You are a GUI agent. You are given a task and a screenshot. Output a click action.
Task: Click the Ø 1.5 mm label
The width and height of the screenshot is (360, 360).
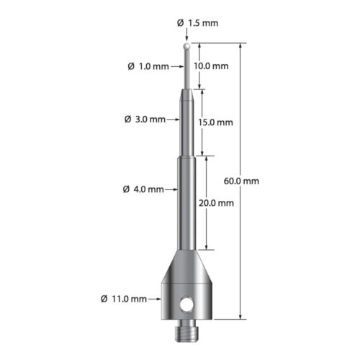coord(197,23)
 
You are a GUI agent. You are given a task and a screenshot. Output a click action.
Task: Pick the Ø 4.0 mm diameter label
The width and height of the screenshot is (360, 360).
coord(144,190)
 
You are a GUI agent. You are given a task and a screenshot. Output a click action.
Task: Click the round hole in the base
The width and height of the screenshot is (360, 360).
coord(189,305)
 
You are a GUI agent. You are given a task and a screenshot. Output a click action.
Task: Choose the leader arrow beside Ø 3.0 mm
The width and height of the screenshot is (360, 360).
coord(176,118)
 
